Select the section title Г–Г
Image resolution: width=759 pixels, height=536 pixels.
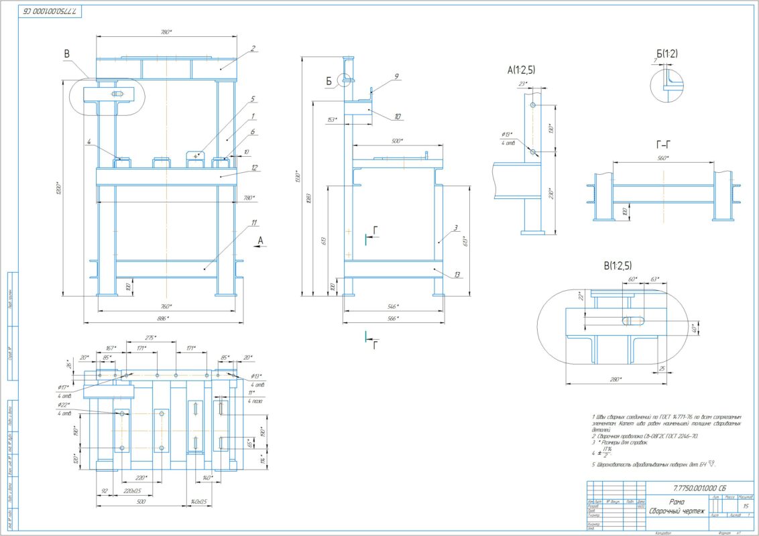click(664, 143)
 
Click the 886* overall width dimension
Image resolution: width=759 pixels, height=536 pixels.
click(163, 318)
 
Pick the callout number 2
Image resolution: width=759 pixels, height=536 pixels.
click(253, 48)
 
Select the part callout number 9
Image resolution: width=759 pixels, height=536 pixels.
click(397, 76)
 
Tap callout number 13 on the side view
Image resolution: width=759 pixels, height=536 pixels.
click(457, 275)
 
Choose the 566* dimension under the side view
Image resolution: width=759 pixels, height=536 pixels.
click(394, 318)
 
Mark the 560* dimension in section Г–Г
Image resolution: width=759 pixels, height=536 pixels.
click(664, 159)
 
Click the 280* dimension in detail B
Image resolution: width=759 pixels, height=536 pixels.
click(613, 379)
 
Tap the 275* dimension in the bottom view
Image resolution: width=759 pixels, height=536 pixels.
click(151, 338)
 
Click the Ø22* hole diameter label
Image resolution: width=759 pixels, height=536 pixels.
click(64, 405)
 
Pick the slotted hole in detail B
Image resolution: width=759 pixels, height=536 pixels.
click(632, 320)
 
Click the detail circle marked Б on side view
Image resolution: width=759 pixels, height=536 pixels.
click(347, 80)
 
